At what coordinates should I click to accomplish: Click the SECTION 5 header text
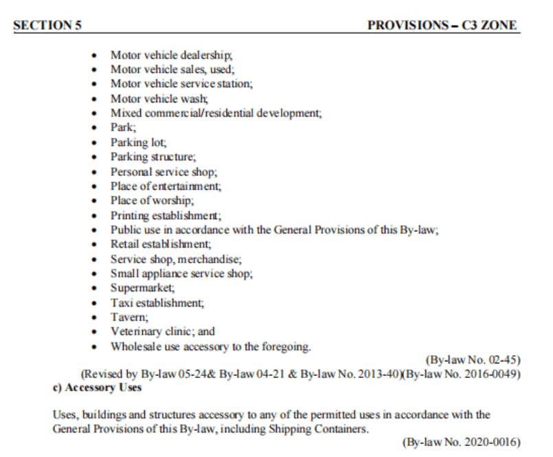47,26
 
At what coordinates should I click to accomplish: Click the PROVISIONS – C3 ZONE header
442,26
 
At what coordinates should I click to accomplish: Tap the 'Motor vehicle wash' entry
150,98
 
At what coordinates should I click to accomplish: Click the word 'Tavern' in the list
127,316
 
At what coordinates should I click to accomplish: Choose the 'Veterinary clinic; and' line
163,331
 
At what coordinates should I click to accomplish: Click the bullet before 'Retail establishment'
94,244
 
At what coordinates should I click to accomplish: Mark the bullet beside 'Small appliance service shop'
94,274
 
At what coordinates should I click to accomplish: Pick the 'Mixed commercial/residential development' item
216,113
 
